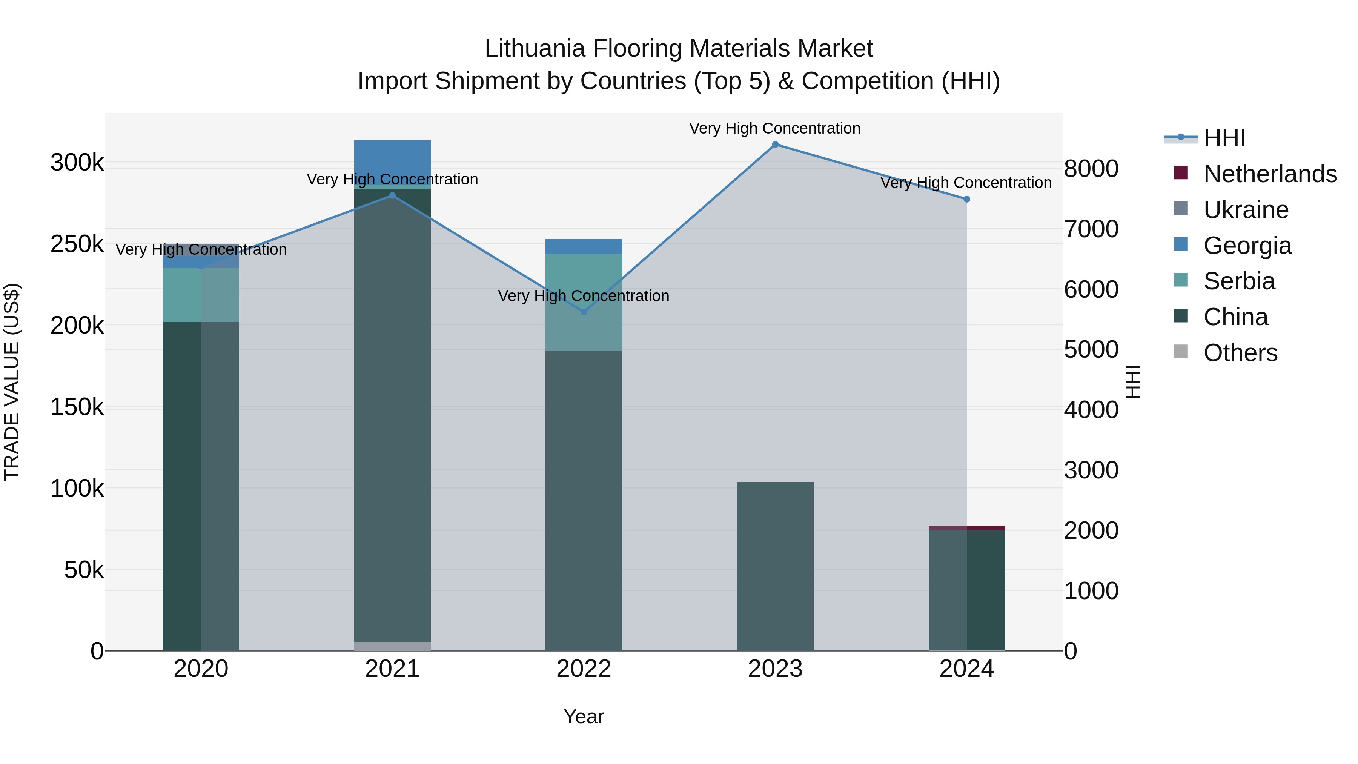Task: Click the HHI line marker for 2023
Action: pyautogui.click(x=775, y=144)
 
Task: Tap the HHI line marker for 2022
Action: pyautogui.click(x=584, y=312)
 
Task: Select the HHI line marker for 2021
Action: pyautogui.click(x=392, y=195)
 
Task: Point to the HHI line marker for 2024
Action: pyautogui.click(x=966, y=199)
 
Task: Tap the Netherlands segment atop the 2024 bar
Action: pyautogui.click(x=967, y=528)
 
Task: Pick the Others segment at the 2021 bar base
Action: pyautogui.click(x=392, y=646)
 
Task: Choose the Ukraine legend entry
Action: pyautogui.click(x=1246, y=210)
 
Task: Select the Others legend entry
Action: pyautogui.click(x=1240, y=353)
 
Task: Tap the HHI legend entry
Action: pyautogui.click(x=1224, y=138)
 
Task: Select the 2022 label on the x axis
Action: pyautogui.click(x=584, y=669)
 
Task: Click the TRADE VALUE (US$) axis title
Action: pyautogui.click(x=12, y=382)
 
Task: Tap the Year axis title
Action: pyautogui.click(x=584, y=716)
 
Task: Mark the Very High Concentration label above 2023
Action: pyautogui.click(x=774, y=128)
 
